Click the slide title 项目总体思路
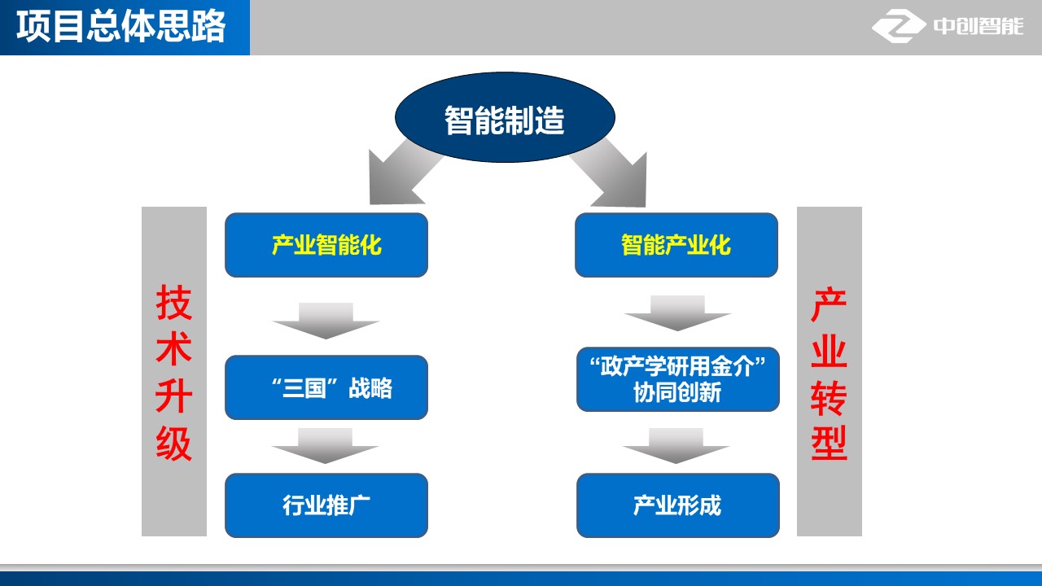[121, 27]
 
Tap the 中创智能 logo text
[979, 26]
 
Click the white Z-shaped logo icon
[899, 26]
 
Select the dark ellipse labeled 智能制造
[505, 117]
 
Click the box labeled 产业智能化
[326, 245]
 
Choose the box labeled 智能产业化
[676, 245]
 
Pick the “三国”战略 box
[326, 387]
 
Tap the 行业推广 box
[326, 505]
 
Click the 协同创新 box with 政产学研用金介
[678, 379]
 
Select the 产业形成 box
[678, 505]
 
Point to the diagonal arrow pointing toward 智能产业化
[611, 174]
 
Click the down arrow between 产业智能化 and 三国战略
[326, 321]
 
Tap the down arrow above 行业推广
[325, 446]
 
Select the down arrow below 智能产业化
[677, 313]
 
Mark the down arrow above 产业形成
[676, 446]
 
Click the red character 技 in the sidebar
[174, 303]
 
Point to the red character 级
[174, 444]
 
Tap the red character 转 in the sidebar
[829, 398]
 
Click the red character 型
[829, 444]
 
